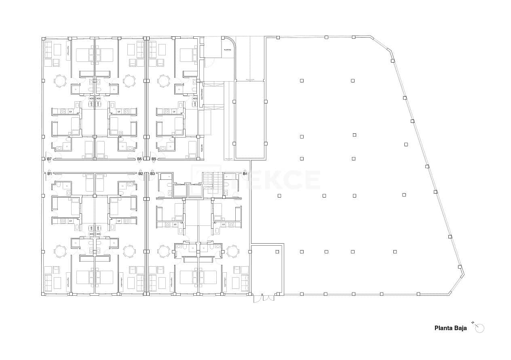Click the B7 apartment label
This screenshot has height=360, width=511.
click(49, 159)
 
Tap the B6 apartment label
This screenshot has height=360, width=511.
click(139, 159)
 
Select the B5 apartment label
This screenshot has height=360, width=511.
click(154, 159)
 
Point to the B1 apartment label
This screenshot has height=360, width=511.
click(49, 173)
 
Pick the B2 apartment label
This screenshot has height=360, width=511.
click(141, 173)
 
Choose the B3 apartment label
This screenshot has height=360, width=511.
click(152, 173)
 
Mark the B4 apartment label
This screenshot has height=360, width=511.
click(245, 173)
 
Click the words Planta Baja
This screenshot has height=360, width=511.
click(450, 328)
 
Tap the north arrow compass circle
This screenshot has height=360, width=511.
click(479, 328)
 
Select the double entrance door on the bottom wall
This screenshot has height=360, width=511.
click(263, 298)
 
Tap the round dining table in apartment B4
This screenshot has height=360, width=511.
click(232, 251)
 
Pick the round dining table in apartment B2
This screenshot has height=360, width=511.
click(129, 251)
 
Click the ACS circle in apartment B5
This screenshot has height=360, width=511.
click(195, 98)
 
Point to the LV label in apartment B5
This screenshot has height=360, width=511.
click(174, 112)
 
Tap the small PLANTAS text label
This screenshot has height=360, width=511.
click(228, 50)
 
